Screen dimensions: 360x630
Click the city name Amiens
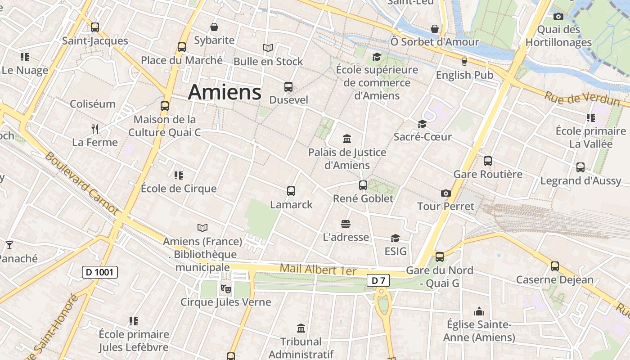click(224, 92)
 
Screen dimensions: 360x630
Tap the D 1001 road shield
click(100, 272)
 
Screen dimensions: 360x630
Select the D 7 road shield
click(378, 281)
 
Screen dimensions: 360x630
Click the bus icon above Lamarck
click(291, 191)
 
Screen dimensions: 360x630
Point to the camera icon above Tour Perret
click(445, 193)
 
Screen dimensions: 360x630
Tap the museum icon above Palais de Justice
click(347, 139)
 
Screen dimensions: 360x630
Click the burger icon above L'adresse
click(346, 224)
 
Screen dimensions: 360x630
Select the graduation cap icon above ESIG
click(395, 238)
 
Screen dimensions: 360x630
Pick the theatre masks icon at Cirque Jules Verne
click(225, 288)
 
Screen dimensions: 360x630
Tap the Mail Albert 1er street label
click(318, 270)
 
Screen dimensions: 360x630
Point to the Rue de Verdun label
click(582, 99)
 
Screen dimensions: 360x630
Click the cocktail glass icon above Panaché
click(9, 245)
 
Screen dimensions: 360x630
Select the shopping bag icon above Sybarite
click(214, 27)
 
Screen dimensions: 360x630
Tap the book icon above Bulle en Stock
click(268, 48)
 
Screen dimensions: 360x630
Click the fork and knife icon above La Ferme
click(94, 129)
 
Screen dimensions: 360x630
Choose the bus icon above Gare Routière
click(488, 161)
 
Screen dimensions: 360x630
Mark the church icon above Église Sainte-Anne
click(479, 311)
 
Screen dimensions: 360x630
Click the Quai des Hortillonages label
click(558, 36)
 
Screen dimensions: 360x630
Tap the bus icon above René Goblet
click(363, 185)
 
